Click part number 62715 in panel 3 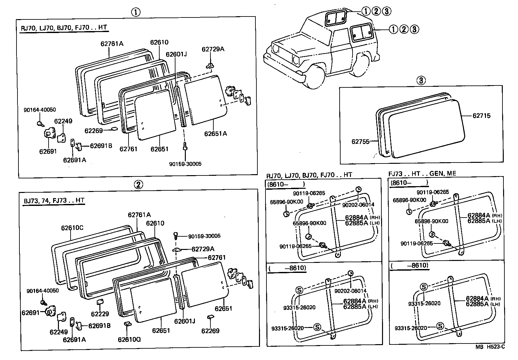click(481, 116)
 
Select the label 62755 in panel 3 click(360, 141)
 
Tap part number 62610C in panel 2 click(72, 228)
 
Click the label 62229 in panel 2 click(100, 314)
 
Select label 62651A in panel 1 click(215, 133)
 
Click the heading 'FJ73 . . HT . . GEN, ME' click(422, 174)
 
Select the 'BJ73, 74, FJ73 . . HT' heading click(54, 200)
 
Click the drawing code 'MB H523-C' click(490, 347)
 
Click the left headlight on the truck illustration click(276, 50)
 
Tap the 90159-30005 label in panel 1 click(185, 164)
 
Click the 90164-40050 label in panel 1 click(39, 110)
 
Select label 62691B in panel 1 click(101, 146)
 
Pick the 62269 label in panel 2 click(210, 331)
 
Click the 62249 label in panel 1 click(63, 121)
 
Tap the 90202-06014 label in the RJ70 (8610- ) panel click(358, 205)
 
